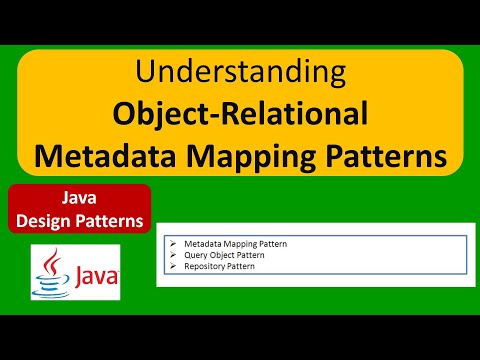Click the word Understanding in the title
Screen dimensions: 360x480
[239, 73]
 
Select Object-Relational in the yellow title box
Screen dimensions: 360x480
[240, 114]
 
